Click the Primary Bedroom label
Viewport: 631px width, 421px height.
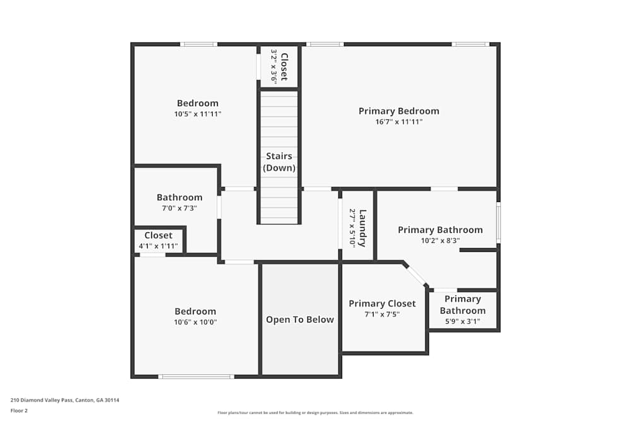click(x=399, y=111)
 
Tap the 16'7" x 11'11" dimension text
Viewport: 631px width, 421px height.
click(x=399, y=122)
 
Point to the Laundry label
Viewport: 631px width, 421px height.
click(x=362, y=228)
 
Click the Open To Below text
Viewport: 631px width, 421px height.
click(x=300, y=319)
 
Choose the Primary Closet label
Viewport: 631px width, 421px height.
click(x=382, y=304)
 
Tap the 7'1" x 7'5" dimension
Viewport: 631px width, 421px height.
click(x=382, y=314)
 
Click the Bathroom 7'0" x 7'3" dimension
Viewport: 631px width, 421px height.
click(x=180, y=208)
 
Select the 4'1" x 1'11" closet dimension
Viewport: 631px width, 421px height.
click(x=158, y=246)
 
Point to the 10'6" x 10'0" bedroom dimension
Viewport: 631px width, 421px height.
click(x=196, y=322)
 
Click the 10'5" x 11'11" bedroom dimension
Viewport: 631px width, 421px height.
click(x=198, y=114)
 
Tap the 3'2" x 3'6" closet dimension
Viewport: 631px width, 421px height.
click(x=274, y=66)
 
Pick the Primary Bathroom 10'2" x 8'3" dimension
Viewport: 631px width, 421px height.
click(x=440, y=240)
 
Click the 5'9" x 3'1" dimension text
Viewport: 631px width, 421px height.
click(x=463, y=321)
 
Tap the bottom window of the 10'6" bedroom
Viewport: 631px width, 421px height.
click(x=196, y=377)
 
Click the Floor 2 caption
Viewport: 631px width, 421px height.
click(x=19, y=410)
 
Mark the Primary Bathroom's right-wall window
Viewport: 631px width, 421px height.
click(x=498, y=222)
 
